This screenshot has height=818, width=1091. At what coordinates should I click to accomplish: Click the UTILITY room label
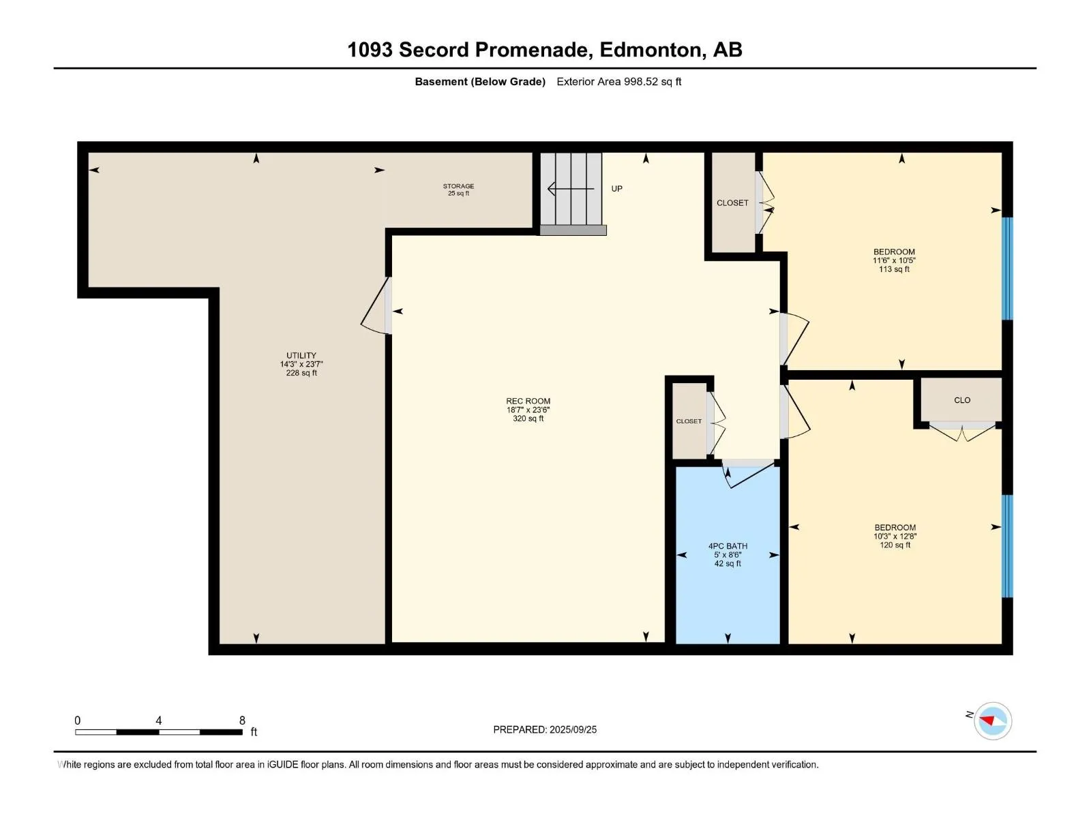tap(301, 355)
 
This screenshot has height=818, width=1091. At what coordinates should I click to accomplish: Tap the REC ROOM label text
tap(528, 401)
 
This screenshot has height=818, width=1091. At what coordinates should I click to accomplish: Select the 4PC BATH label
tap(728, 546)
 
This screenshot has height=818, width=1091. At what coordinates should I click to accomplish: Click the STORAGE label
tap(458, 185)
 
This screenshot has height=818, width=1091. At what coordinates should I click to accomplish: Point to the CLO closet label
tap(961, 400)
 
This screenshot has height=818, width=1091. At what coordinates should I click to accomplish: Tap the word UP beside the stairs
tap(616, 189)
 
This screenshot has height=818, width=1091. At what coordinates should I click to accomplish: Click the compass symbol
tap(992, 721)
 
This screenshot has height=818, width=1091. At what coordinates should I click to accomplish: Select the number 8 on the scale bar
tap(242, 720)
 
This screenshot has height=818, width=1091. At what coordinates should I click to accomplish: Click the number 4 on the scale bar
tap(159, 720)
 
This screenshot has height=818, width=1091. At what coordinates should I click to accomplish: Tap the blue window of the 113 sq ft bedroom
tap(1006, 268)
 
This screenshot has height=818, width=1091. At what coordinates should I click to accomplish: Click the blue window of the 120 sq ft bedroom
tap(1006, 546)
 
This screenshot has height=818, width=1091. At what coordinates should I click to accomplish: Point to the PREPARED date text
tap(545, 729)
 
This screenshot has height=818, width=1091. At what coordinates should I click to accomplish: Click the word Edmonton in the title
tap(652, 50)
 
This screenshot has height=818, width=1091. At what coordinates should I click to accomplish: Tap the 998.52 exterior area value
tap(640, 81)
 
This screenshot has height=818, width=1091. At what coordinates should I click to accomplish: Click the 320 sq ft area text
tap(528, 418)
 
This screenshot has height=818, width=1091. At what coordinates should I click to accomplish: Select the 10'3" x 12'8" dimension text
tap(895, 536)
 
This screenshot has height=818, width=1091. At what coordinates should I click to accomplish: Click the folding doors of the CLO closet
tap(963, 432)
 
